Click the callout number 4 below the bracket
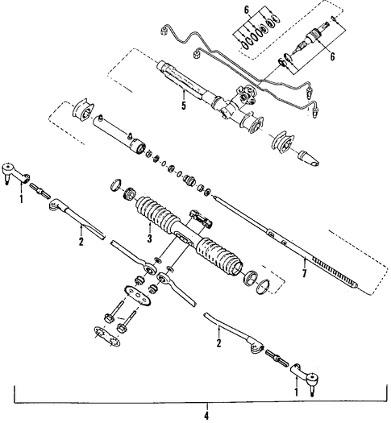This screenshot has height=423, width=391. pyautogui.click(x=206, y=416)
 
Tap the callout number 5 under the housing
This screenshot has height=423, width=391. pyautogui.click(x=184, y=106)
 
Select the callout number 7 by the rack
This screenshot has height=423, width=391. pyautogui.click(x=305, y=273)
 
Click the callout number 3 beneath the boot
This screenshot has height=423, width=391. pyautogui.click(x=149, y=238)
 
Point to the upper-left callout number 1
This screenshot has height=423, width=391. pyautogui.click(x=21, y=199)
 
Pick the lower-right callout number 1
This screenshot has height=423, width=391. pyautogui.click(x=296, y=392)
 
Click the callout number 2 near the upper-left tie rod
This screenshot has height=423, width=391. pyautogui.click(x=81, y=242)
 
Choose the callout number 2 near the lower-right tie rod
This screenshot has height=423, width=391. pyautogui.click(x=218, y=343)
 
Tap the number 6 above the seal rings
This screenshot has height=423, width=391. pyautogui.click(x=247, y=10)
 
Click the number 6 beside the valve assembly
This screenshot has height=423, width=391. pyautogui.click(x=332, y=56)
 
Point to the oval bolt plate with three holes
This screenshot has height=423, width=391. pyautogui.click(x=138, y=296)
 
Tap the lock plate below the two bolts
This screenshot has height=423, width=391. pyautogui.click(x=107, y=336)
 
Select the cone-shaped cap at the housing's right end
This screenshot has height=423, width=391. pyautogui.click(x=309, y=159)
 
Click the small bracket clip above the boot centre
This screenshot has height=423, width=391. pyautogui.click(x=202, y=218)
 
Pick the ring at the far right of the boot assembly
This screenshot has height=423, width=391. pyautogui.click(x=263, y=287)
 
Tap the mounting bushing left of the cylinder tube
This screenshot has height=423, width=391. pyautogui.click(x=83, y=110)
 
